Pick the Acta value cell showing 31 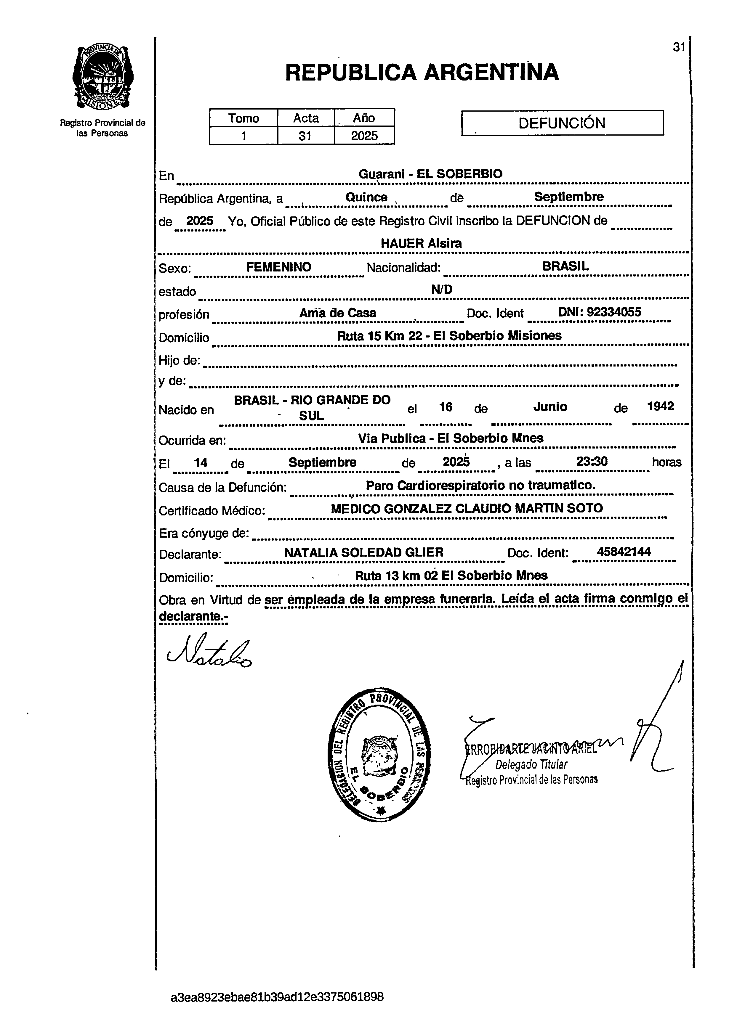point(305,136)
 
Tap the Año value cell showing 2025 point(364,136)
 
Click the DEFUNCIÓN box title point(562,123)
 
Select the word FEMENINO point(279,267)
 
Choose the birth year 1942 point(660,406)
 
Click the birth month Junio point(550,406)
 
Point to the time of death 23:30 point(592,462)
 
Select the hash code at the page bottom point(277,997)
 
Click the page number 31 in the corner point(678,47)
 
